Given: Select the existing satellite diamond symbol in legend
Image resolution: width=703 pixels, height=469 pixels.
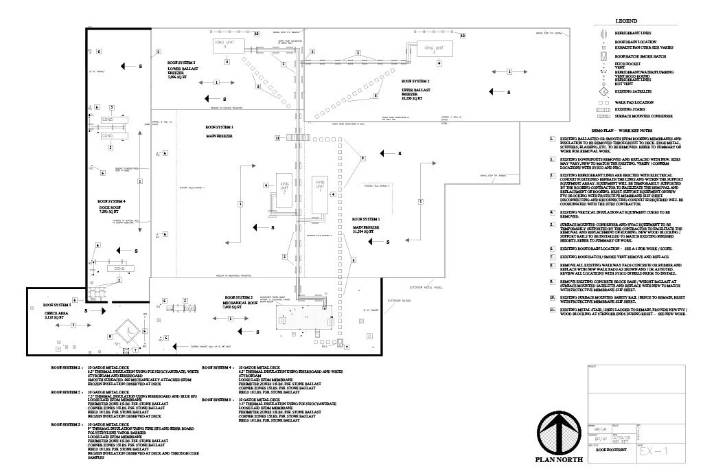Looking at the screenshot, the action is pos(602,91).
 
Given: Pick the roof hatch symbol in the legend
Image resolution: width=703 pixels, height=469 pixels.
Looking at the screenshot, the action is pos(602,56).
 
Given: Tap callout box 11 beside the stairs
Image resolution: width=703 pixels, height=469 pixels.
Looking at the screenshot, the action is pos(277,138).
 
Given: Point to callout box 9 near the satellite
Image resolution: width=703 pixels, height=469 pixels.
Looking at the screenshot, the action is pos(109,336).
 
